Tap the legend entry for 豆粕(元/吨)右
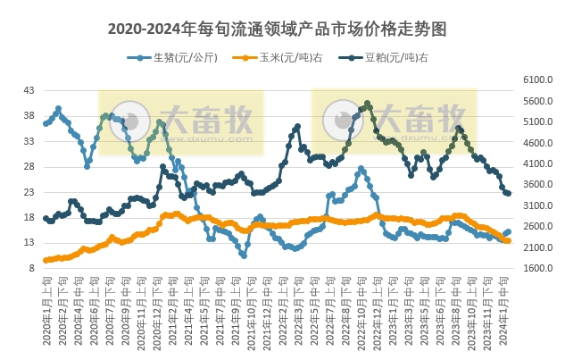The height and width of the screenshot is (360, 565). [x=390, y=58]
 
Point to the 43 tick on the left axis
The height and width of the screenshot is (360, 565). [x=29, y=91]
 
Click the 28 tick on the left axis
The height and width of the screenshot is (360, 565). [x=29, y=167]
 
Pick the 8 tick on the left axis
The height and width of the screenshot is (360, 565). [x=31, y=268]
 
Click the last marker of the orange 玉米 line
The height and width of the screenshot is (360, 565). [x=508, y=240]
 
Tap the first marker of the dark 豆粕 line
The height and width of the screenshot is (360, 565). [x=46, y=218]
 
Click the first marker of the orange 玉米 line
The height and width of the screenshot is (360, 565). [x=46, y=260]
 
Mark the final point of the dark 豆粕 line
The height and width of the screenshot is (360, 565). [x=508, y=193]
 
